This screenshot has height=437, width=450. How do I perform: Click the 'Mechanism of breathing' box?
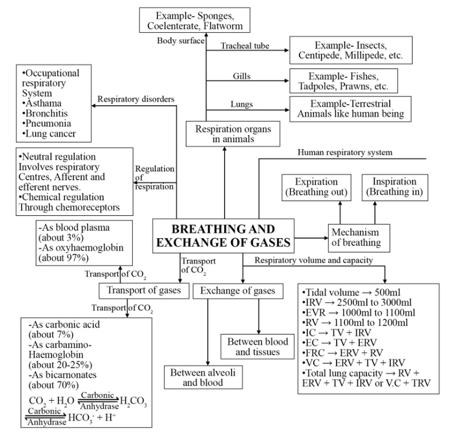pyautogui.click(x=355, y=236)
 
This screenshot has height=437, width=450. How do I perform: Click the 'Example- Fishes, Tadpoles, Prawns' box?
pyautogui.click(x=343, y=81)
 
